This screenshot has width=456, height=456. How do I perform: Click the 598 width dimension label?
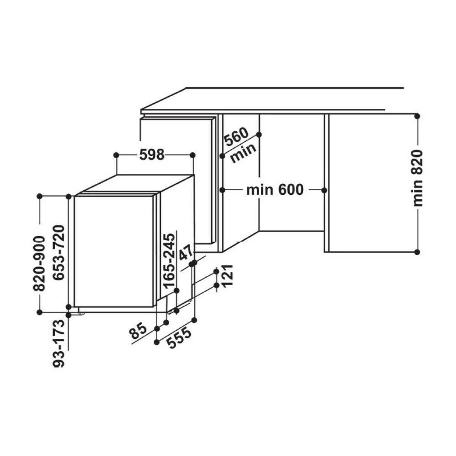[151, 155]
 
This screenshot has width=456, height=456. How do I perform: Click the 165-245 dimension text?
[170, 261]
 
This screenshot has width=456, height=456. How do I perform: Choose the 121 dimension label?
[228, 275]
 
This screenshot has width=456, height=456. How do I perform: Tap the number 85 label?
[139, 331]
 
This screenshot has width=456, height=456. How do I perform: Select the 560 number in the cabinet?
[236, 138]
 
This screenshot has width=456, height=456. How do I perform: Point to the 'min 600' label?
[275, 189]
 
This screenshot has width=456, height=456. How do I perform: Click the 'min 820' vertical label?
[418, 178]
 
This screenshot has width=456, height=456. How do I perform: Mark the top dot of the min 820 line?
[417, 116]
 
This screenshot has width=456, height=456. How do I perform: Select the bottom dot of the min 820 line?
[417, 251]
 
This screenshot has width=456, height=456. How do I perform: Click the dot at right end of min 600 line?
[325, 189]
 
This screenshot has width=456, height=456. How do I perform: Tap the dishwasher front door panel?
[114, 251]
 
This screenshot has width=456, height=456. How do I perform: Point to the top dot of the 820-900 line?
[40, 196]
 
